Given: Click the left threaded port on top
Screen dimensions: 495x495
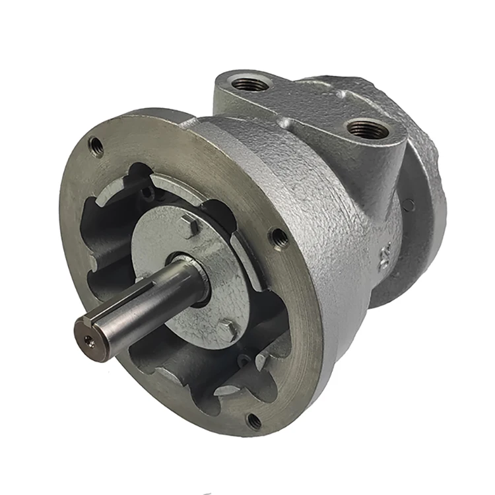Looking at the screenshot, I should pos(250,84).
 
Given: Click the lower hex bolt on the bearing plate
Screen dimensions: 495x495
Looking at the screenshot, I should pos(226,330).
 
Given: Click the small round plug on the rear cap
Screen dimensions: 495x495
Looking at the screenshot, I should pos(409,205).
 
